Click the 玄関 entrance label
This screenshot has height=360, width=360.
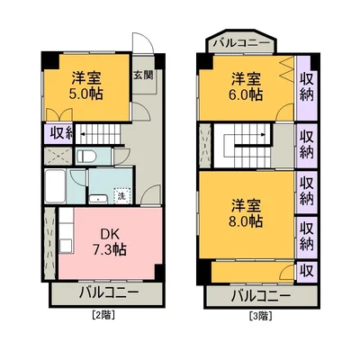(x=142, y=75)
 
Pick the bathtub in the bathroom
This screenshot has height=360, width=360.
(x=53, y=188)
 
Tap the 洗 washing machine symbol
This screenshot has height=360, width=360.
(x=121, y=195)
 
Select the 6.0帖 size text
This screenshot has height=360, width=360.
(x=245, y=93)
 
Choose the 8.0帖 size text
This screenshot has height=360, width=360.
(x=245, y=219)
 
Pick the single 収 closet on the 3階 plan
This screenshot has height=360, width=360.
(x=307, y=270)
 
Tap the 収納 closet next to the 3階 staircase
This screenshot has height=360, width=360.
(x=307, y=144)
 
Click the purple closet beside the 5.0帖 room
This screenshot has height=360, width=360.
(x=57, y=133)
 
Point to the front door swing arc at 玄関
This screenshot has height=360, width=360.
(x=142, y=48)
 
